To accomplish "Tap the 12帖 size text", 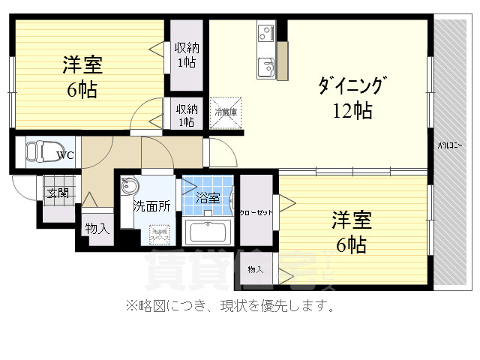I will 352,112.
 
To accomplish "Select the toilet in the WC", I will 35,151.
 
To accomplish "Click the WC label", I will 65,156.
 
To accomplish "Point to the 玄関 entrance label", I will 58,193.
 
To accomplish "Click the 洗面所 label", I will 151,205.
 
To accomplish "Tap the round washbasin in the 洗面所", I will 129,187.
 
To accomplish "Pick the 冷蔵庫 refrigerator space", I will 226,112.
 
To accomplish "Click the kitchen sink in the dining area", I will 266,68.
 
